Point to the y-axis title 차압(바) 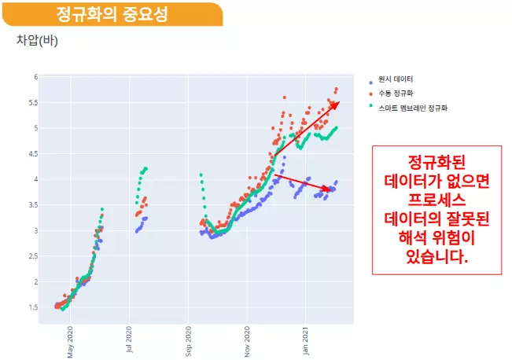tap(37, 41)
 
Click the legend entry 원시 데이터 tap(396, 79)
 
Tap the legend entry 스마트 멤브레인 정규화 tap(412, 106)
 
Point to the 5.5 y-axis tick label tap(32, 103)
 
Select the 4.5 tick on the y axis tap(32, 154)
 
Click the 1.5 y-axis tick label tap(32, 307)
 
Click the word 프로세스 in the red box tap(437, 198)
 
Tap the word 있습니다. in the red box tap(437, 256)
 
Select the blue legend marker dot tap(370, 80)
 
